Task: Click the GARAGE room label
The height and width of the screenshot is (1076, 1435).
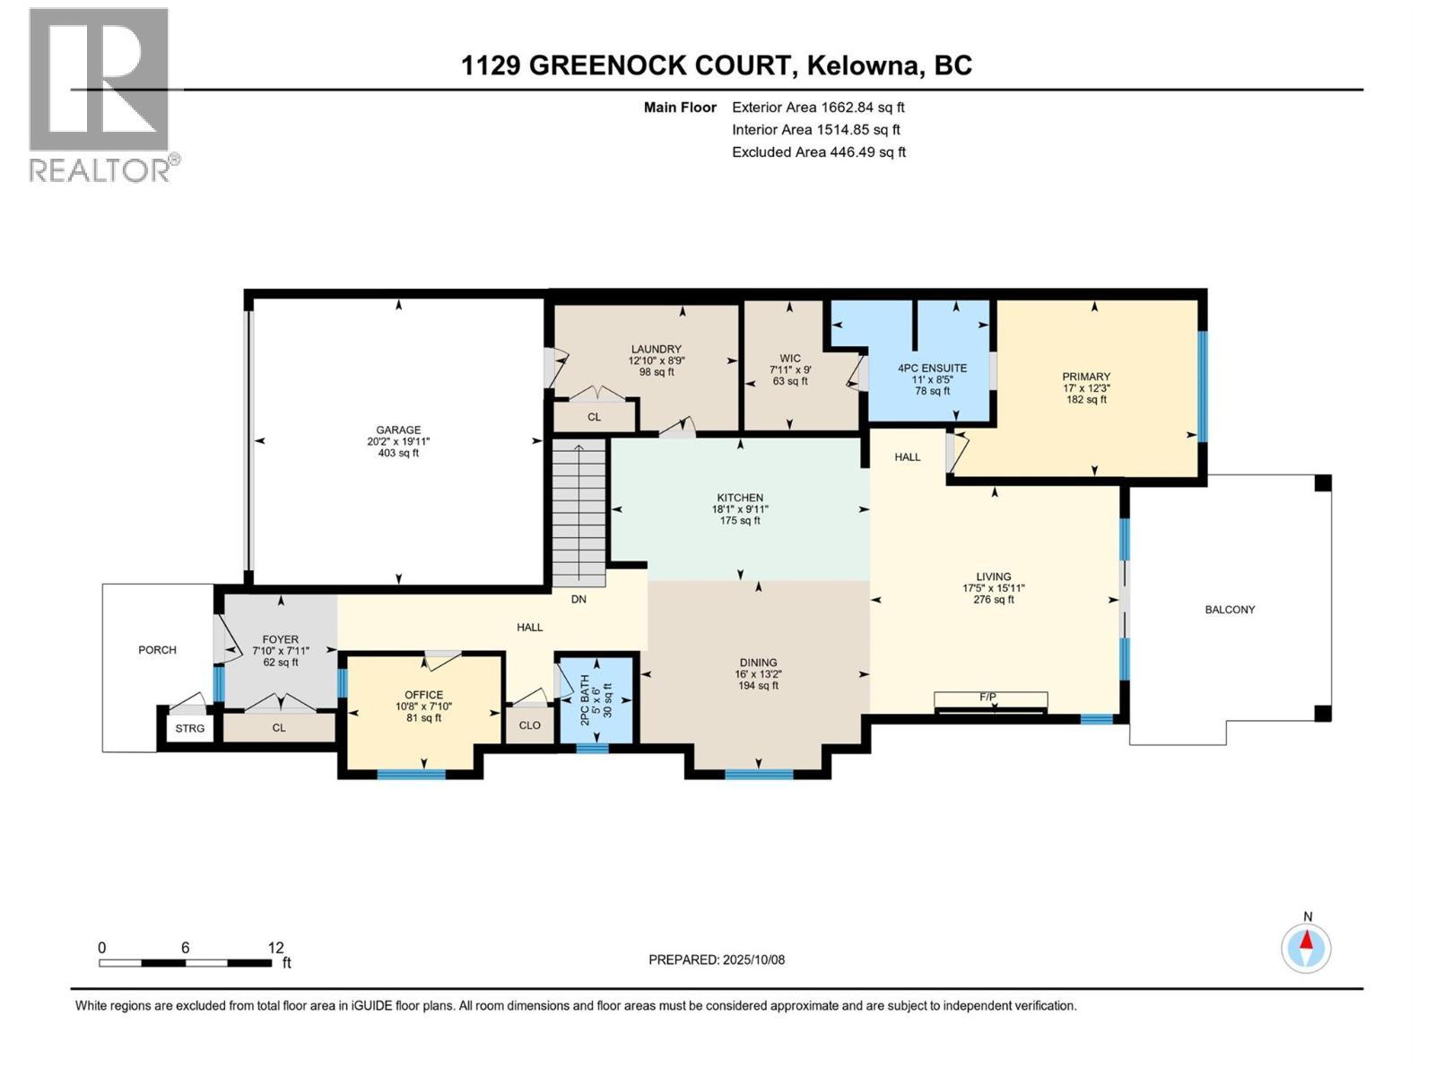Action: pyautogui.click(x=398, y=430)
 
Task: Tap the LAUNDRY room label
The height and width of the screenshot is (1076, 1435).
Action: pyautogui.click(x=657, y=350)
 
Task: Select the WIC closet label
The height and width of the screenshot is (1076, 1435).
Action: pyautogui.click(x=790, y=359)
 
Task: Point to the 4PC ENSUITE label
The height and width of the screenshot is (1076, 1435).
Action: pyautogui.click(x=932, y=369)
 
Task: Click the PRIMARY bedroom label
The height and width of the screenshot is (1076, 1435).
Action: pyautogui.click(x=1086, y=377)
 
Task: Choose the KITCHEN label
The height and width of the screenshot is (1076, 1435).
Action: pyautogui.click(x=740, y=498)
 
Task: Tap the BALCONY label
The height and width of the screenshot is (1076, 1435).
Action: pyautogui.click(x=1231, y=610)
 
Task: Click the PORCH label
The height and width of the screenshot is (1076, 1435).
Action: pyautogui.click(x=158, y=650)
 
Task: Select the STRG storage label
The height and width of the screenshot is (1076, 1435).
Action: pyautogui.click(x=190, y=728)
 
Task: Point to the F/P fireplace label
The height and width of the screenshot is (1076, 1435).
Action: pyautogui.click(x=987, y=698)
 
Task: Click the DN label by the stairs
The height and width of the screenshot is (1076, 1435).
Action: pyautogui.click(x=578, y=599)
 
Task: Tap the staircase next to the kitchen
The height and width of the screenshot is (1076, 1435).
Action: pyautogui.click(x=579, y=512)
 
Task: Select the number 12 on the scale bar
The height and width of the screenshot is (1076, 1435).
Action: pyautogui.click(x=276, y=948)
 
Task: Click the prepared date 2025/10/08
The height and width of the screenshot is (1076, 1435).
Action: pyautogui.click(x=753, y=959)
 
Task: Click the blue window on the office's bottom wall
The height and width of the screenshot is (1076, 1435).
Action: pyautogui.click(x=411, y=775)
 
